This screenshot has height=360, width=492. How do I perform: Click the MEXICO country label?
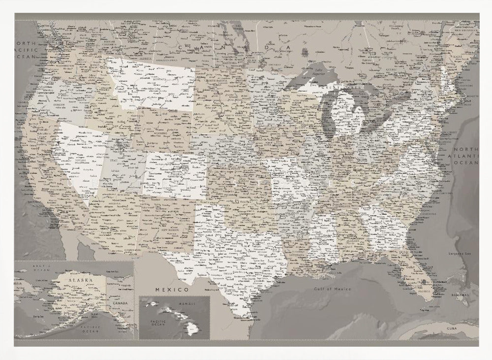coord(172,290)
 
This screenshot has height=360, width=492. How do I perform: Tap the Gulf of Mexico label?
coord(333,289)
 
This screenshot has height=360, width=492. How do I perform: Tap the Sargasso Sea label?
coord(461,252)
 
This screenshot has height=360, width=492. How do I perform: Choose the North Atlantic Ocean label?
coord(466,156)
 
